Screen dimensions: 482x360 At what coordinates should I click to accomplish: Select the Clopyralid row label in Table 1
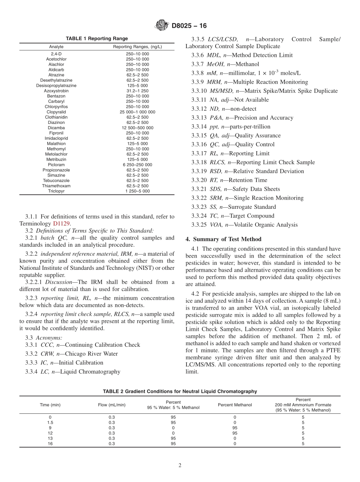56,112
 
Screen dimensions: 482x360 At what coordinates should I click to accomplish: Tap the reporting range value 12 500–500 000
138,128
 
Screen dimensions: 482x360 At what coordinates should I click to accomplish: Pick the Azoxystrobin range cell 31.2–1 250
138,91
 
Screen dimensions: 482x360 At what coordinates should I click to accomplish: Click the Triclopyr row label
56,191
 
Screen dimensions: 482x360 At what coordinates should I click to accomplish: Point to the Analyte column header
56,47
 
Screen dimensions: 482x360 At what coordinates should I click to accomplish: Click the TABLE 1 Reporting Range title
97,39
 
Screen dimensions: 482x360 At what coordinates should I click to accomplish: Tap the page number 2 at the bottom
180,466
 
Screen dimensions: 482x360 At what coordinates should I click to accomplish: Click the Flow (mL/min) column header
112,405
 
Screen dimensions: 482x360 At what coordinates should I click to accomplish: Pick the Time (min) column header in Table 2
50,405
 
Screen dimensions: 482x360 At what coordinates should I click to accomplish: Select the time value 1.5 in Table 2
50,423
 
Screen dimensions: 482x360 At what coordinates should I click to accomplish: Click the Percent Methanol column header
235,405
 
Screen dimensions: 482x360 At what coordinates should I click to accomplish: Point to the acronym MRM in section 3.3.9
216,82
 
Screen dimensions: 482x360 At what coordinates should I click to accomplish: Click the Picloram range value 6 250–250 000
138,165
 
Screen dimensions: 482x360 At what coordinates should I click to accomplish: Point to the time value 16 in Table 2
50,444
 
